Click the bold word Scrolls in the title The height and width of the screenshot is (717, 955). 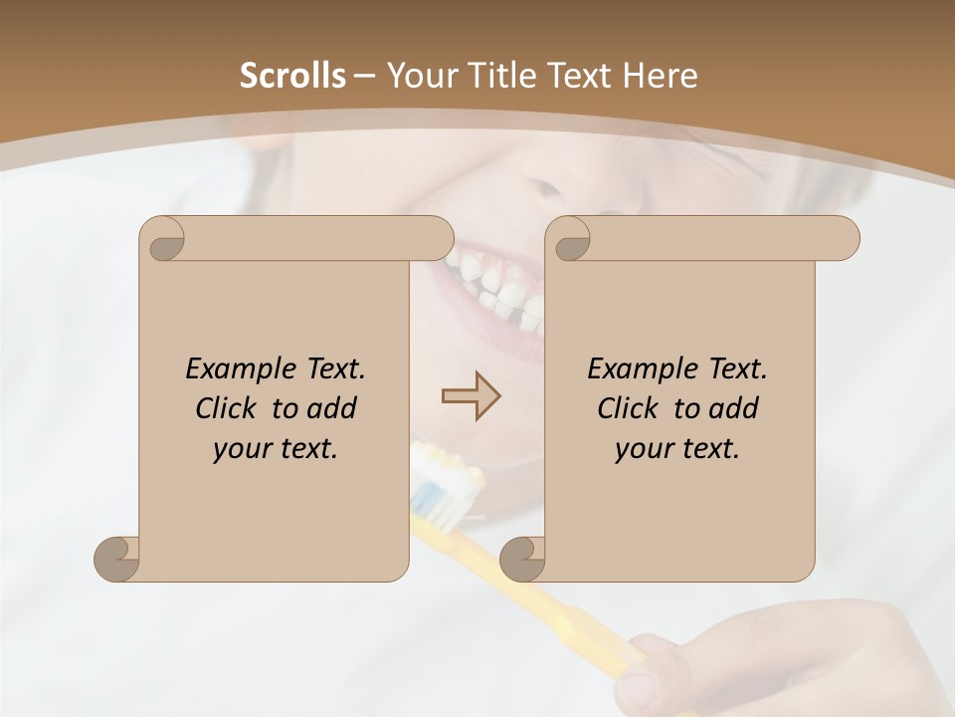tap(292, 76)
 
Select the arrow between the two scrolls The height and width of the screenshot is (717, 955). tap(471, 396)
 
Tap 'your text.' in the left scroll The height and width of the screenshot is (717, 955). tap(276, 448)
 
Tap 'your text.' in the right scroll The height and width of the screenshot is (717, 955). tap(677, 448)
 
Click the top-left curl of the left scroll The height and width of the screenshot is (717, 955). tap(163, 239)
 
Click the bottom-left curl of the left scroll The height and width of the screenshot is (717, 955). tap(116, 559)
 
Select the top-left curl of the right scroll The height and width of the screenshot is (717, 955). tap(569, 239)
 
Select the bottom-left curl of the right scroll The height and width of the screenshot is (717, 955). tap(522, 559)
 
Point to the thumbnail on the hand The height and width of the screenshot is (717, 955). tap(638, 685)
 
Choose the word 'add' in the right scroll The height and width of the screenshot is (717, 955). tap(734, 408)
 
